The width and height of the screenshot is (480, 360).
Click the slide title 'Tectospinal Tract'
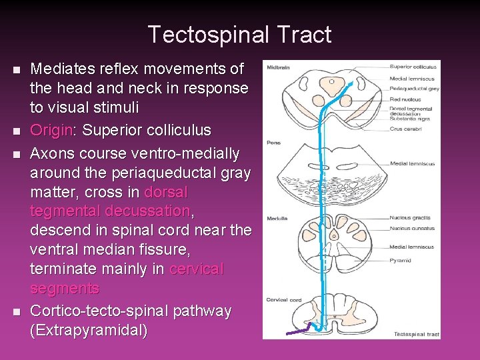[239, 34]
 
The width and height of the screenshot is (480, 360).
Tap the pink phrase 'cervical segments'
[127, 279]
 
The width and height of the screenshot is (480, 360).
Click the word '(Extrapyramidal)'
[89, 331]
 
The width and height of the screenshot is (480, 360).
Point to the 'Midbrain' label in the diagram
[278, 67]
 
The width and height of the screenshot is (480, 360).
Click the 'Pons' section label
[273, 142]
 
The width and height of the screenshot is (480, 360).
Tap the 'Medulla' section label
[277, 218]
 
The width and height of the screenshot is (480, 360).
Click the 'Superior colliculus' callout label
[413, 67]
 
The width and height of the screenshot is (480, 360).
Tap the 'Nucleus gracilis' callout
[410, 218]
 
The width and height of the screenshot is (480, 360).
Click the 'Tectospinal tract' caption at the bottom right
[417, 334]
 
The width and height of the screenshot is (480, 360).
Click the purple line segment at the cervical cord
[299, 330]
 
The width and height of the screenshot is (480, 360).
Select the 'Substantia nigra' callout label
[410, 119]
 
